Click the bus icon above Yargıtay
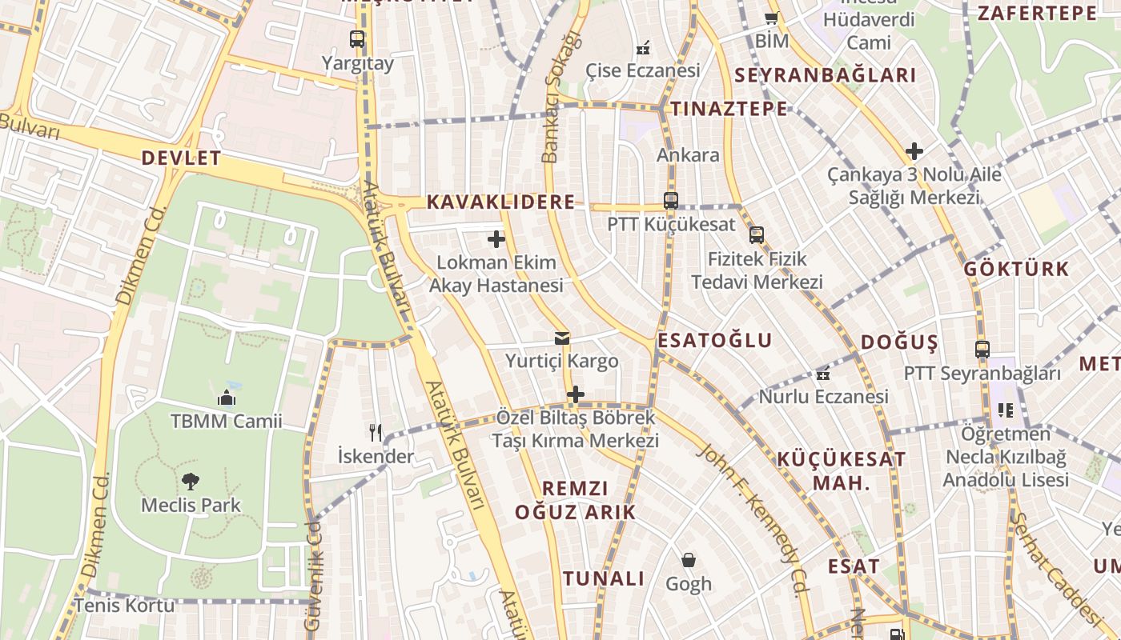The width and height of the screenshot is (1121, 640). pyautogui.click(x=357, y=38)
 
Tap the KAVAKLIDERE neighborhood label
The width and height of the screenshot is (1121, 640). pyautogui.click(x=500, y=202)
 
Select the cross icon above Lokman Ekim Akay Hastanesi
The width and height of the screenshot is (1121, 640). pyautogui.click(x=496, y=238)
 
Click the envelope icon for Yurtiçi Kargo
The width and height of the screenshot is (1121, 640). pyautogui.click(x=562, y=338)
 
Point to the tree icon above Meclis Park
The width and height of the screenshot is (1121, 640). pyautogui.click(x=190, y=481)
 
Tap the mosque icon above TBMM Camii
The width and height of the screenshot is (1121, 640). pyautogui.click(x=226, y=397)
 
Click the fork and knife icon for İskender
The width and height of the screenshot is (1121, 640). pyautogui.click(x=376, y=433)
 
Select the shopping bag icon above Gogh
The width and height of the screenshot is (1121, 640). pyautogui.click(x=688, y=560)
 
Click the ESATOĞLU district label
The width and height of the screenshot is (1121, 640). pyautogui.click(x=714, y=341)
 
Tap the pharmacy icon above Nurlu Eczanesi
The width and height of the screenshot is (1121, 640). pyautogui.click(x=823, y=374)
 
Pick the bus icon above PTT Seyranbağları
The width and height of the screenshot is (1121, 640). pyautogui.click(x=982, y=350)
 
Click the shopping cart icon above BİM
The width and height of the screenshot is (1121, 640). pyautogui.click(x=771, y=18)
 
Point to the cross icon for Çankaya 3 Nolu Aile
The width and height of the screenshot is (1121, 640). pyautogui.click(x=914, y=150)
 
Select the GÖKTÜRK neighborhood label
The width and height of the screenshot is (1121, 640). pyautogui.click(x=1016, y=269)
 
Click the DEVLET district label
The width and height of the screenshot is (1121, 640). pyautogui.click(x=181, y=158)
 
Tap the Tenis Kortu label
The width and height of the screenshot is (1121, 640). pyautogui.click(x=124, y=606)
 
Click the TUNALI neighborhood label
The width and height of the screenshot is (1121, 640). pyautogui.click(x=603, y=579)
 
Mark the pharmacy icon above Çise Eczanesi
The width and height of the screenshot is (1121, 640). pyautogui.click(x=642, y=48)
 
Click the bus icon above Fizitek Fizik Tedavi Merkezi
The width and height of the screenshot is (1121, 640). pyautogui.click(x=757, y=235)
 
